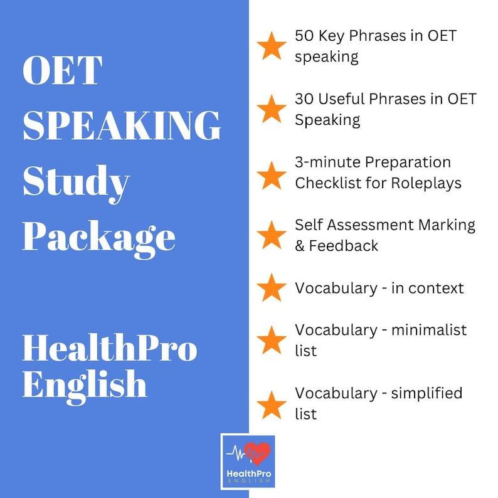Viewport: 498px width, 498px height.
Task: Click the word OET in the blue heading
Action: point(62,70)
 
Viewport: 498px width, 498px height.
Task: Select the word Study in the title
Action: point(76,183)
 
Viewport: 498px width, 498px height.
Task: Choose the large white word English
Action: point(85,384)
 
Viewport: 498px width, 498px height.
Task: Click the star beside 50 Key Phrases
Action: point(272,46)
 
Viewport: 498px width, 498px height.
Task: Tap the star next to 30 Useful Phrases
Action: point(272,109)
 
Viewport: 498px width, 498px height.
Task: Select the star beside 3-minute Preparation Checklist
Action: point(272,175)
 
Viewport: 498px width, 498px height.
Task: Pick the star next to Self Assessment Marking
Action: point(272,235)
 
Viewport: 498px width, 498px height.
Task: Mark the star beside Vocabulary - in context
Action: point(272,288)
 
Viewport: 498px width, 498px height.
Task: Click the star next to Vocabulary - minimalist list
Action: point(272,340)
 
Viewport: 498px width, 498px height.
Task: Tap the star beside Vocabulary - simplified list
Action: point(272,404)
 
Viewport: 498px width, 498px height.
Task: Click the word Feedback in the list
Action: point(343,246)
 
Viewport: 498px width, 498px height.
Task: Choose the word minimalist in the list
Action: point(429,330)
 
